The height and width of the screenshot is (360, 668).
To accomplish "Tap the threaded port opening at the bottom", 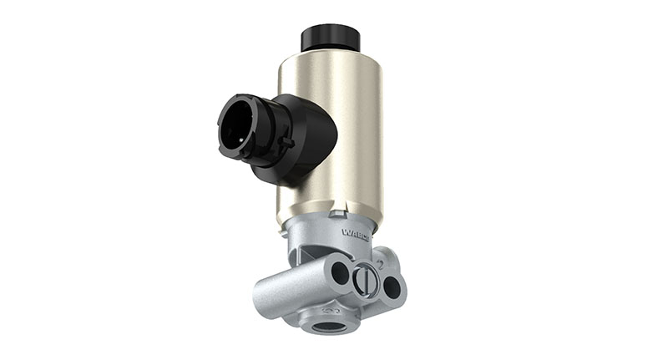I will pos(326,324).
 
